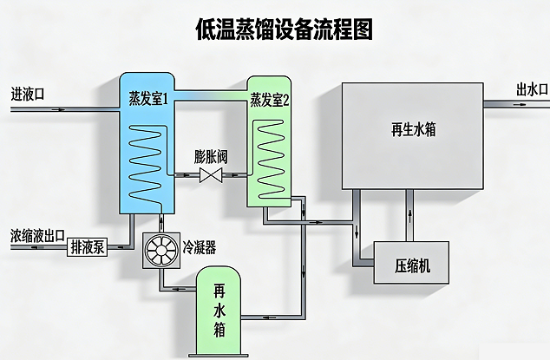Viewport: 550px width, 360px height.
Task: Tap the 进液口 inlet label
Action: (29, 92)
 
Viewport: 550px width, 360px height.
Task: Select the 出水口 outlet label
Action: (532, 88)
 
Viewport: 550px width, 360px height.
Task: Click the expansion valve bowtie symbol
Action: (210, 176)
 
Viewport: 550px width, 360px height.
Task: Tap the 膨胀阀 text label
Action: (211, 157)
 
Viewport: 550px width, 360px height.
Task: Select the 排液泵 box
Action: (87, 247)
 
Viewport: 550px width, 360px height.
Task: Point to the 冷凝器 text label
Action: (200, 247)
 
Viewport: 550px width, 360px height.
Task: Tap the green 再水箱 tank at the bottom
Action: (219, 312)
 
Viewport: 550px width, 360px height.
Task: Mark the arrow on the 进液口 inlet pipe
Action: (56, 109)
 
